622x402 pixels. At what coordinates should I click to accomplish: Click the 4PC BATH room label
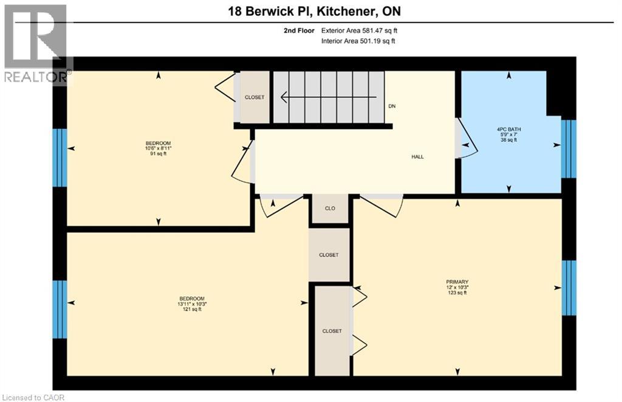pos(509,130)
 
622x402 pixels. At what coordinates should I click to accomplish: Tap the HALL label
pos(417,157)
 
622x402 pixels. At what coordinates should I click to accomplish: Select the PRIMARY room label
pos(457,282)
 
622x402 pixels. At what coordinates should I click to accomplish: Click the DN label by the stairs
pos(392,106)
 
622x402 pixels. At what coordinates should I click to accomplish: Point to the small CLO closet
pos(330,209)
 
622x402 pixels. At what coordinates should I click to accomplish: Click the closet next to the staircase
pos(255,97)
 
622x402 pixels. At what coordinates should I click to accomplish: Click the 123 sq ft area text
pos(457,293)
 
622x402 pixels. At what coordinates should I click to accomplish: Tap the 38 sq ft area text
pos(509,140)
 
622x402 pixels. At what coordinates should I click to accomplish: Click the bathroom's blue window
pos(569,149)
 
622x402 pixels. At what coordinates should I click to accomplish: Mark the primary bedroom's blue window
pos(569,288)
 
